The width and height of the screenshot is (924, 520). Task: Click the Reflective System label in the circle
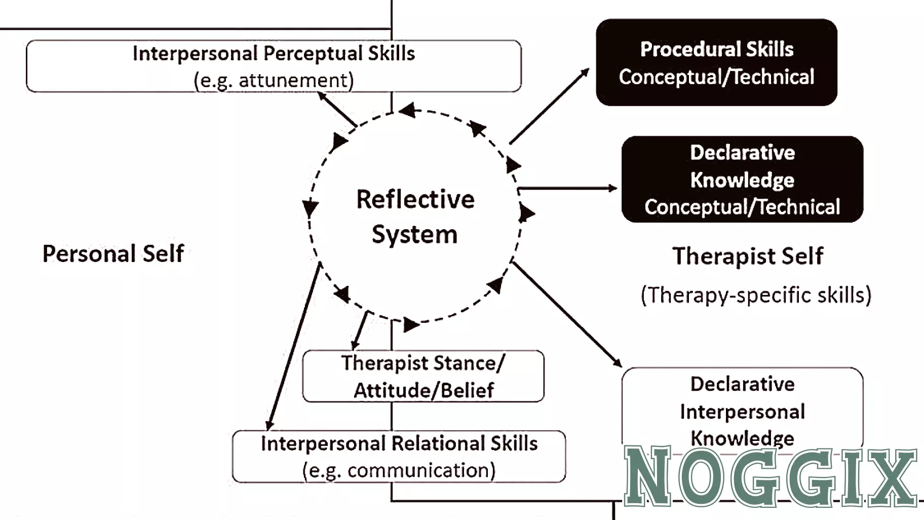tap(415, 216)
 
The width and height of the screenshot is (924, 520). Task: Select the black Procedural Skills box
tap(716, 62)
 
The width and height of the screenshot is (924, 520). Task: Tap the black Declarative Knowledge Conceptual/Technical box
tap(742, 179)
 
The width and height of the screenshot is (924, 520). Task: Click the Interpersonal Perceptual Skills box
tap(274, 66)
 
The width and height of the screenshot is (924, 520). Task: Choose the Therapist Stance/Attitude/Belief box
tap(423, 376)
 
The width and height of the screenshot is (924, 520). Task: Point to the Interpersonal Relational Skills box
tap(399, 456)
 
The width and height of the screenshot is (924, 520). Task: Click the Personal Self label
tap(113, 253)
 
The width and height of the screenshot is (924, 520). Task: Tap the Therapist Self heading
tap(747, 256)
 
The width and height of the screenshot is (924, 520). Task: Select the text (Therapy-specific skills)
tap(756, 295)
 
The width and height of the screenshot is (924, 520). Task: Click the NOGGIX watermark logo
tap(770, 476)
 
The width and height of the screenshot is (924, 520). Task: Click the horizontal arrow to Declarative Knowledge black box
tap(567, 189)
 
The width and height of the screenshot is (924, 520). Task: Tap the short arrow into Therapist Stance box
tap(360, 330)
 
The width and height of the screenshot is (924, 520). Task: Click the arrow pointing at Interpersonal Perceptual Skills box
tap(337, 109)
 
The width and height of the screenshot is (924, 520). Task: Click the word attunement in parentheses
tap(293, 81)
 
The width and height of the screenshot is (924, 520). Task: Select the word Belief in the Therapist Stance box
tap(467, 391)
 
